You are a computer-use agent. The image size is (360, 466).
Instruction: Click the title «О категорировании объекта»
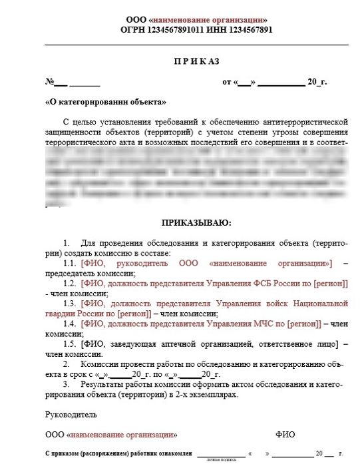[105, 103]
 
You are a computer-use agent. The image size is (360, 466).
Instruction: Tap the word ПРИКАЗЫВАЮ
[196, 222]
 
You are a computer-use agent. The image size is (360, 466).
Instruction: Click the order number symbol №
[49, 82]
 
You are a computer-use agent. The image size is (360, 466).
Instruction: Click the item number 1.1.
[69, 263]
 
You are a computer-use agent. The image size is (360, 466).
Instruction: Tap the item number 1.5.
[69, 344]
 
